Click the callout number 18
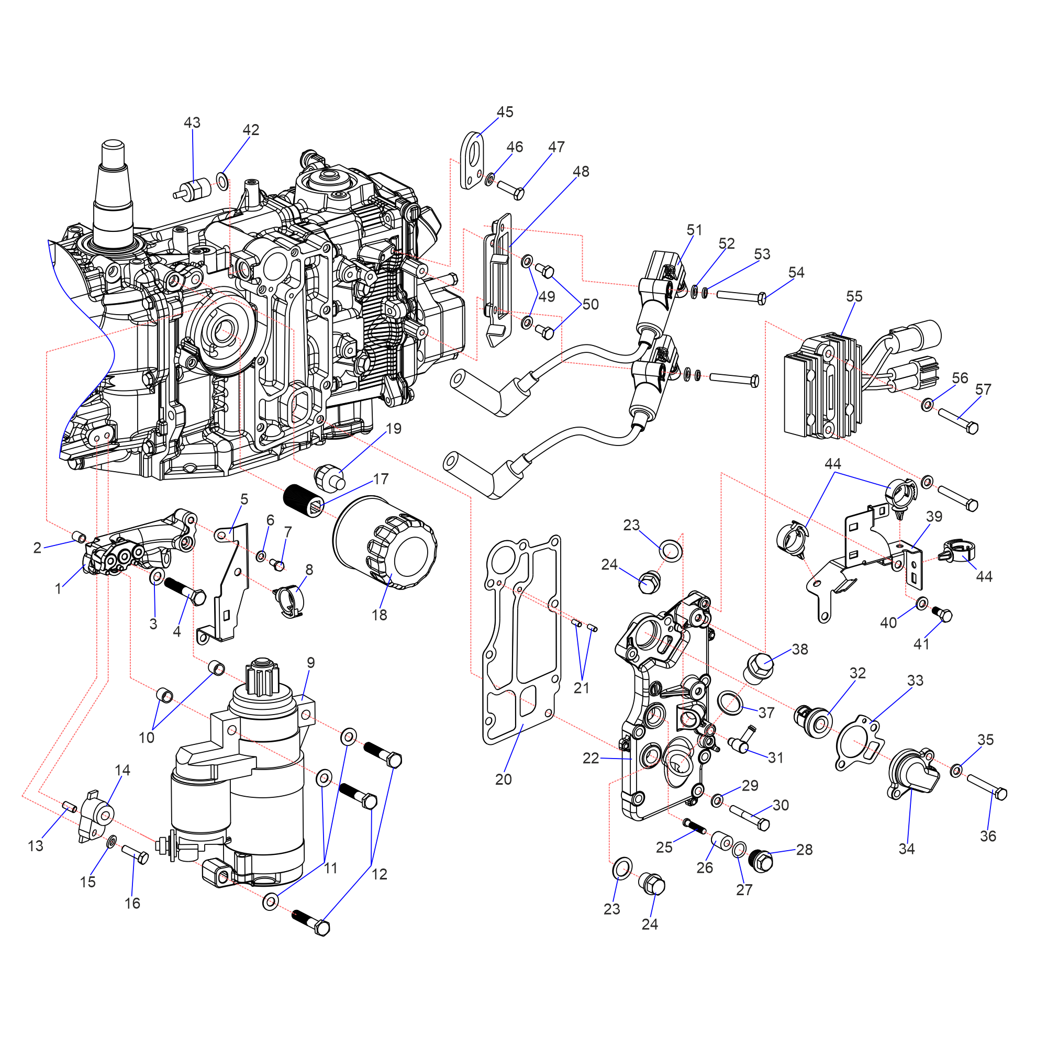click(x=380, y=615)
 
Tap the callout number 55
click(x=854, y=296)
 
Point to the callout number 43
click(x=192, y=122)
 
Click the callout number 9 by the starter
click(x=310, y=662)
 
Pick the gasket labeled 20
click(x=520, y=640)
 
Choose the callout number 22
click(x=591, y=758)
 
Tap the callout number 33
click(x=915, y=680)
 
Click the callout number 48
click(x=581, y=171)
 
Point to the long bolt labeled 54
click(x=740, y=296)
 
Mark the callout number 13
click(x=36, y=845)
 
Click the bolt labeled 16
click(x=135, y=853)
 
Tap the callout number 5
click(x=244, y=499)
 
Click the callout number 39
click(x=934, y=517)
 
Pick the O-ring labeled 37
click(x=730, y=703)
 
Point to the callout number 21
click(x=582, y=688)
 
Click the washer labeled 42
click(x=222, y=180)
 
